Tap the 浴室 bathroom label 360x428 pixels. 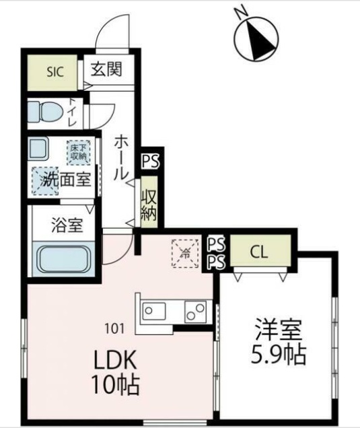(67, 225)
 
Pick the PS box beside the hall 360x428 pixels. (150, 161)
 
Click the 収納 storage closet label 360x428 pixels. (149, 205)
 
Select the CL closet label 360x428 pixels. (258, 252)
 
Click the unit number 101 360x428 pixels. (115, 329)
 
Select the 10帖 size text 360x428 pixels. (114, 385)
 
